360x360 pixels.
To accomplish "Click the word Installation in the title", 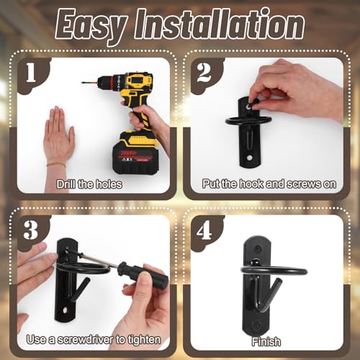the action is click(x=220, y=24).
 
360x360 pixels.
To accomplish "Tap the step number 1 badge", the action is click(x=31, y=73).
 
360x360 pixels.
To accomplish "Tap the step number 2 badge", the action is click(x=204, y=73).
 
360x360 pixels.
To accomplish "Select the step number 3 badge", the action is click(x=31, y=230).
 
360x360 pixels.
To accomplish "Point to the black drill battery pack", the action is click(x=136, y=153).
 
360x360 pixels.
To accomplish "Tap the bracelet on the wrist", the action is click(x=56, y=165).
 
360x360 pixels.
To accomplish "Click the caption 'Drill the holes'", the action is click(x=89, y=184).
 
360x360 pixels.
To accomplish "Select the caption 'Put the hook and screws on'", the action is click(x=269, y=184).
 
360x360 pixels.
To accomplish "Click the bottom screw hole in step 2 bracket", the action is click(x=250, y=158).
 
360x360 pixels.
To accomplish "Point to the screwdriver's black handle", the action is click(x=143, y=274).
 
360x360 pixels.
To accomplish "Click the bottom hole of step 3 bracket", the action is click(x=66, y=310).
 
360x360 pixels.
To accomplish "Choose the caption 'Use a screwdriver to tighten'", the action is click(x=94, y=340).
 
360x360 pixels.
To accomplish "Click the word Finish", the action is click(x=266, y=342).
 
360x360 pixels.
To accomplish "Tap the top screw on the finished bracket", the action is click(x=258, y=249).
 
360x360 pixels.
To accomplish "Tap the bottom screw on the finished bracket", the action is click(x=256, y=326).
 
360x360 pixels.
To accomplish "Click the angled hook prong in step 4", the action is click(x=271, y=294).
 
